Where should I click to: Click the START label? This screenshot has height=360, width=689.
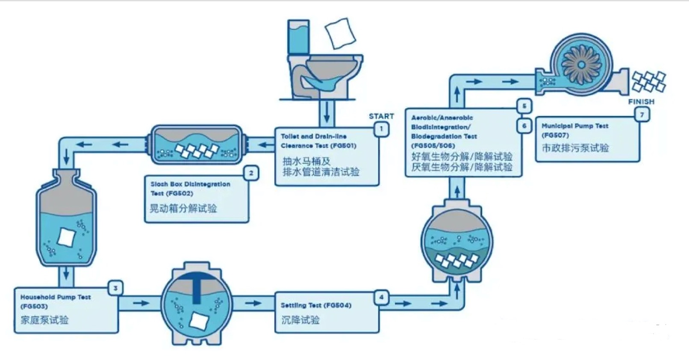381,116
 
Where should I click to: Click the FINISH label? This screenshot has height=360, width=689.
641,101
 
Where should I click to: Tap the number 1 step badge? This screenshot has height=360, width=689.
381,129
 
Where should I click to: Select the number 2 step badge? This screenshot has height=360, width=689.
251,173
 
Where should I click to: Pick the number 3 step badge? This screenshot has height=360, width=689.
115,288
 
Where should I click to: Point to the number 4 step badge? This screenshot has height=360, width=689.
381,297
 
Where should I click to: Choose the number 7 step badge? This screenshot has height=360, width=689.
642,115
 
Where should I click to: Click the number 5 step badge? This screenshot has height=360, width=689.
524,106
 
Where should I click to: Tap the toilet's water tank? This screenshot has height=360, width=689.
298,37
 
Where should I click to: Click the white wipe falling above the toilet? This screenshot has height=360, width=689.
341,33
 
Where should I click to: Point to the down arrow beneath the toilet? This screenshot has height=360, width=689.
327,113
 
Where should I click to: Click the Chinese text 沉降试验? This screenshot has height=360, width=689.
300,320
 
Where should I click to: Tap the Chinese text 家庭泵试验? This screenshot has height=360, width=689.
44,320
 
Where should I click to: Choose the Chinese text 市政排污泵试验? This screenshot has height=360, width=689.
575,148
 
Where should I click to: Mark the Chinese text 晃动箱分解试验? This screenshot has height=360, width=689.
183,209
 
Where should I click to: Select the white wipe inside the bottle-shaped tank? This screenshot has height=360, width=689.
67,238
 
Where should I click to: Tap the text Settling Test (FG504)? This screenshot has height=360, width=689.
316,305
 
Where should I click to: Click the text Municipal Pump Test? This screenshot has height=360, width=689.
575,126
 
